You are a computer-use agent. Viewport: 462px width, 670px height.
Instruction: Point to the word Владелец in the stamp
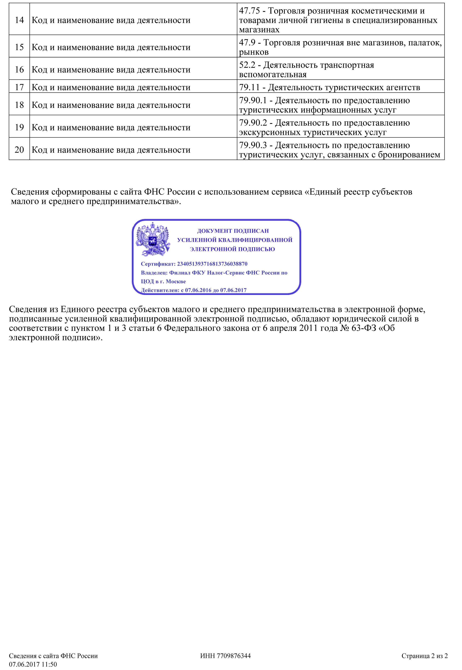tap(154, 273)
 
